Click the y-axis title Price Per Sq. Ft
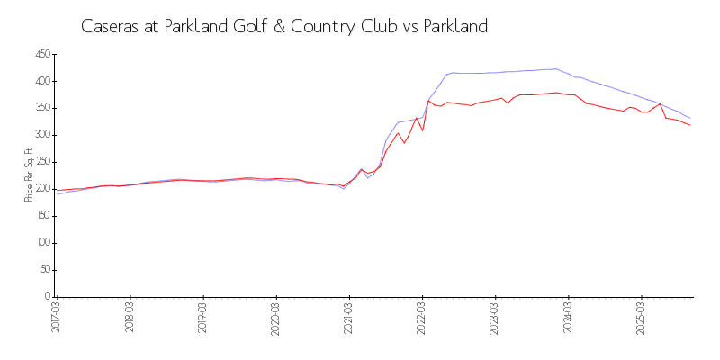click(x=29, y=176)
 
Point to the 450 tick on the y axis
click(x=41, y=55)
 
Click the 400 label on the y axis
click(x=41, y=82)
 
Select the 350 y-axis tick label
click(x=41, y=109)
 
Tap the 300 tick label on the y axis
click(x=41, y=136)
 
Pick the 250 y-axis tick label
click(x=41, y=163)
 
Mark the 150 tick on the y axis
click(x=41, y=217)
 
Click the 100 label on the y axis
click(x=41, y=244)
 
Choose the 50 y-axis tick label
click(x=44, y=271)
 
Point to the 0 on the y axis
click(x=47, y=297)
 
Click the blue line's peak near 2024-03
click(x=556, y=68)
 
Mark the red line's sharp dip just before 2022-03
click(x=422, y=130)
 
